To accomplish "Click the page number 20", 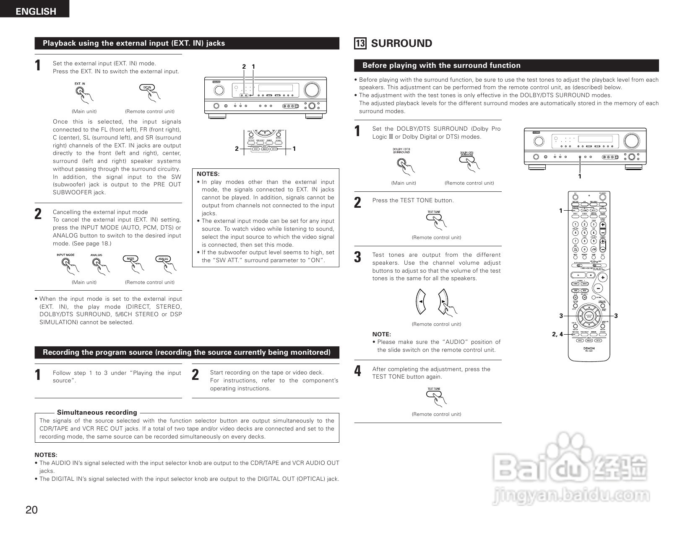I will (31, 510).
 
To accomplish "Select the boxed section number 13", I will (360, 44).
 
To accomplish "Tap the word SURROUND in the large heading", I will (401, 44).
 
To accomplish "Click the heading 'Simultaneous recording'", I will (97, 413).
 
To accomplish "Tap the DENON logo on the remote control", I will (589, 348).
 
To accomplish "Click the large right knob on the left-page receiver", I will (311, 90).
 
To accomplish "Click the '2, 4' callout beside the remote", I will (557, 334).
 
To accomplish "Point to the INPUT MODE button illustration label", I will (65, 255).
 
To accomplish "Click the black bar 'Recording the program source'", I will (187, 352).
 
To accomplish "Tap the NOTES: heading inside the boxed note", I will (208, 174).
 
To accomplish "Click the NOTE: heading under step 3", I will (381, 334).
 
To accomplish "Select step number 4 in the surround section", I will (357, 371).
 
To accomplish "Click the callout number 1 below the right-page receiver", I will (580, 176).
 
